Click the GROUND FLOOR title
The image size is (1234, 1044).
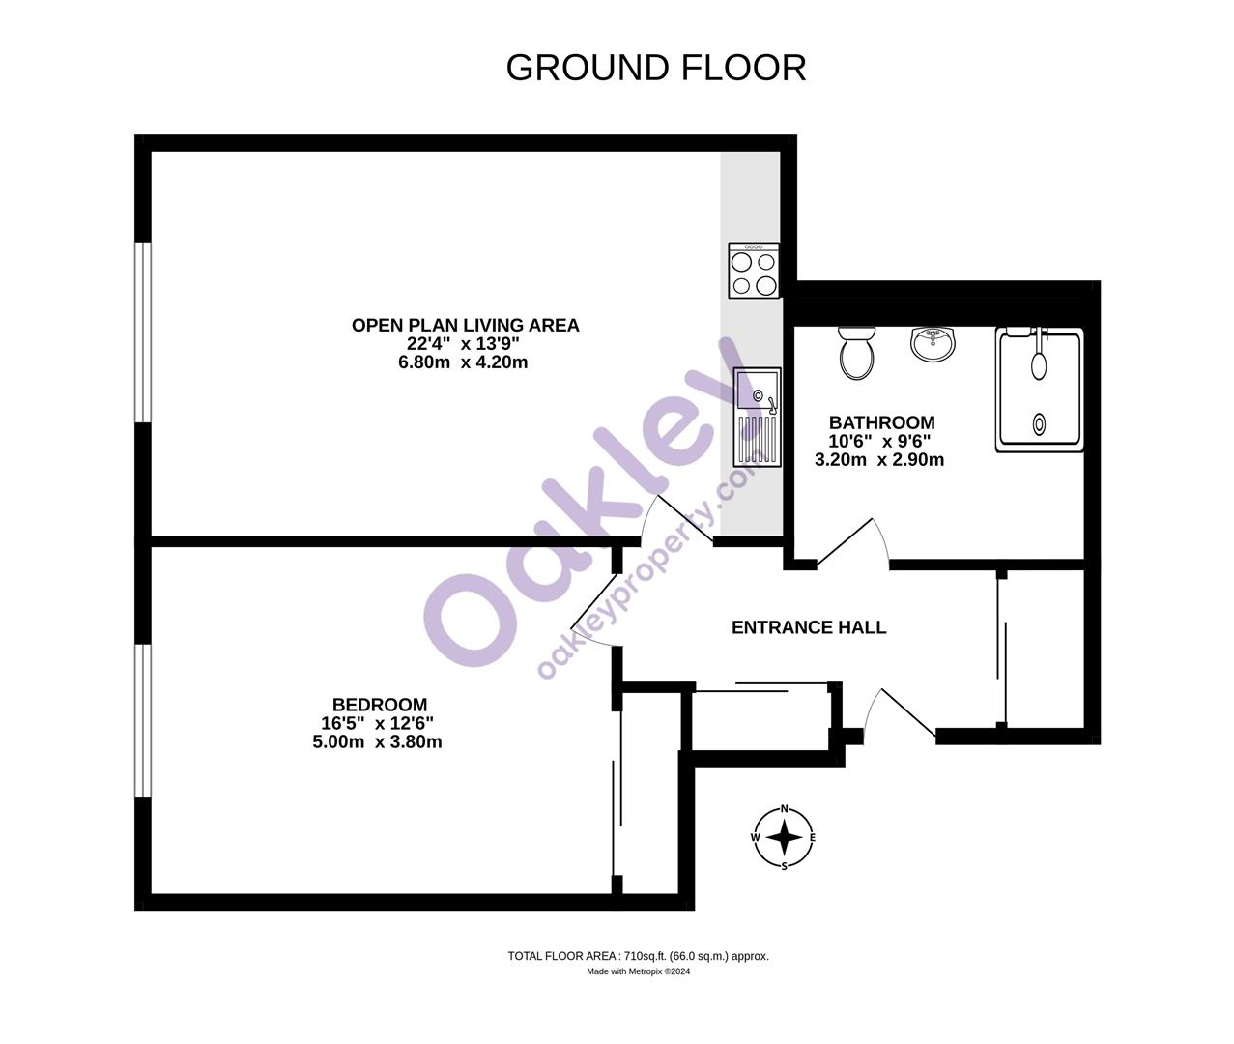click(x=655, y=68)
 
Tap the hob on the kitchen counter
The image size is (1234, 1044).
click(x=754, y=271)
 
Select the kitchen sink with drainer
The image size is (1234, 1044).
click(x=757, y=417)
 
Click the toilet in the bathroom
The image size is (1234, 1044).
click(x=857, y=352)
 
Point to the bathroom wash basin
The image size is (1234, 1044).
click(x=933, y=343)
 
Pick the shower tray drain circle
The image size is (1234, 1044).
click(x=1040, y=422)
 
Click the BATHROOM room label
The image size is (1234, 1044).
click(x=881, y=422)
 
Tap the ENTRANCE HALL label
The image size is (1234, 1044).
click(x=809, y=627)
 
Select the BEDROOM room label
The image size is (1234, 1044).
click(x=380, y=705)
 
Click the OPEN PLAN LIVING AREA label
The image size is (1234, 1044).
click(x=465, y=326)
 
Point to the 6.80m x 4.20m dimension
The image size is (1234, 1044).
click(x=465, y=362)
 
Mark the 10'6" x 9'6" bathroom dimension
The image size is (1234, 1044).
click(x=879, y=441)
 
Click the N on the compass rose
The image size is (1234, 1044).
click(x=785, y=809)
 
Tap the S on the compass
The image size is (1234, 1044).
click(x=784, y=866)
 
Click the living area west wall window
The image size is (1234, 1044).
click(x=143, y=332)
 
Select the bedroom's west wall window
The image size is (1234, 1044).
click(x=143, y=720)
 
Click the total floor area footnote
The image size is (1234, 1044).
click(x=638, y=956)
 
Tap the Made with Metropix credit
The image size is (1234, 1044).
click(x=638, y=972)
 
